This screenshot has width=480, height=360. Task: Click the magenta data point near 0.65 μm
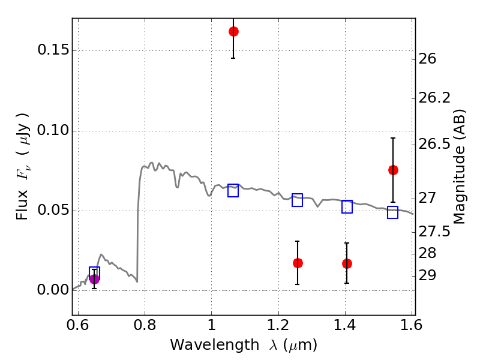(x=94, y=278)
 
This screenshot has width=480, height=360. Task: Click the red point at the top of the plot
(x=233, y=31)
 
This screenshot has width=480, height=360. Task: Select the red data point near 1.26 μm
(x=298, y=263)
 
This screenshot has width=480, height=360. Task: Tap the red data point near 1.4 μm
(x=347, y=263)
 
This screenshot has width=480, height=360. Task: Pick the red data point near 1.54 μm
(x=393, y=170)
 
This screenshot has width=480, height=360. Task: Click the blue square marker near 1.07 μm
(x=233, y=191)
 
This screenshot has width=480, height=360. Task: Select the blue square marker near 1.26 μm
(x=298, y=200)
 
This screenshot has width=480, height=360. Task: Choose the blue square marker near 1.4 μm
(x=347, y=206)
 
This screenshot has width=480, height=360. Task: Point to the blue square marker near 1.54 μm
(x=393, y=212)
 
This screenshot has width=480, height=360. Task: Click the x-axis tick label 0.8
(x=145, y=325)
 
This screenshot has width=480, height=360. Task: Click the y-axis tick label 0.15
(x=52, y=50)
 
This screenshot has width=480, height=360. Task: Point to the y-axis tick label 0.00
(x=52, y=290)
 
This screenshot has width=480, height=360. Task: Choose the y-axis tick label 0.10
(x=52, y=131)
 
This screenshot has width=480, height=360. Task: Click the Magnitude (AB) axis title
(x=460, y=166)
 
